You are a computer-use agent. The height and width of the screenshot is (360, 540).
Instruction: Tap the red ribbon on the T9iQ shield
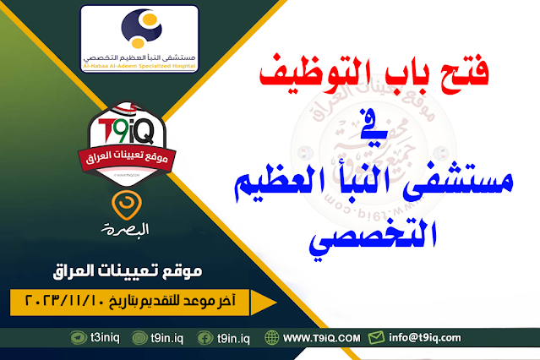(x=125, y=157)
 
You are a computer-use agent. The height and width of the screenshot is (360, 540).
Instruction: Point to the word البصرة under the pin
(x=124, y=229)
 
